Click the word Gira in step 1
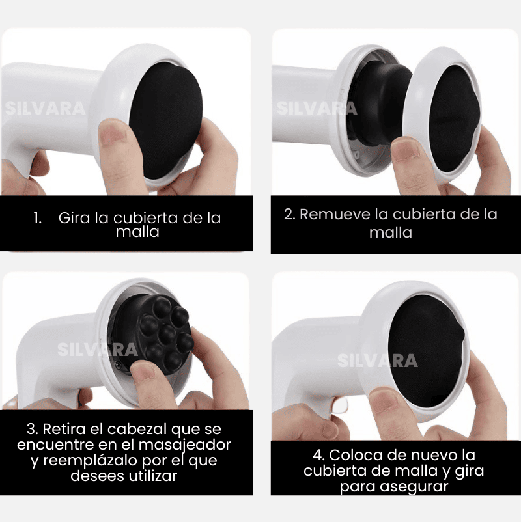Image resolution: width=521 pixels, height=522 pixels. point(74,218)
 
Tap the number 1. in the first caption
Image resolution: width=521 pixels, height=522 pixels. point(38,218)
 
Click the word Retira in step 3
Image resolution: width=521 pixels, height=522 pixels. point(64,429)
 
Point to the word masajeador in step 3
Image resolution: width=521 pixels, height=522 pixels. point(184,445)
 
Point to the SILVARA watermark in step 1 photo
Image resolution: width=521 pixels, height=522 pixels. point(45,109)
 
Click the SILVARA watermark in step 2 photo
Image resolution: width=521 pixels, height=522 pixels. point(317,108)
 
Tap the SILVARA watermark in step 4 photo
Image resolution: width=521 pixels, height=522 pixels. point(378,361)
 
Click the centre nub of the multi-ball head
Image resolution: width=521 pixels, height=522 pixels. point(167,334)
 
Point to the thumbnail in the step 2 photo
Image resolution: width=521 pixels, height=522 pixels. point(404,150)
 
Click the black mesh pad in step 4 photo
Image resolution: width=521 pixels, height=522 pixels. point(427,351)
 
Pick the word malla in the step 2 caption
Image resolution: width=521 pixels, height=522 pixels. point(391,232)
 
